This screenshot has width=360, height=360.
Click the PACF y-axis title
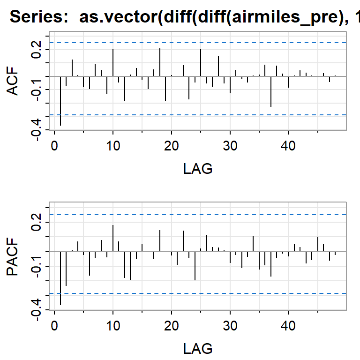click(x=15, y=257)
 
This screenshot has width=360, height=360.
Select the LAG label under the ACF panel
click(x=197, y=169)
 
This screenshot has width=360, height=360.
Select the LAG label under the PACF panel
click(x=197, y=348)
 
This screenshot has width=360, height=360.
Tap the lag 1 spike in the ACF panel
click(x=60, y=101)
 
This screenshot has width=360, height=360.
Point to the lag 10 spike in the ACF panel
click(x=113, y=62)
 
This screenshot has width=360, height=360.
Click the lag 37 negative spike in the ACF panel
click(x=271, y=91)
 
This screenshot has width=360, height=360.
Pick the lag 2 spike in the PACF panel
click(x=66, y=268)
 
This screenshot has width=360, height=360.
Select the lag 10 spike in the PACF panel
click(x=113, y=238)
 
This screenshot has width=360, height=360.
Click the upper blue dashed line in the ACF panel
click(x=197, y=43)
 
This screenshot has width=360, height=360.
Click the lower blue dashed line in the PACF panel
click(x=197, y=293)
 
